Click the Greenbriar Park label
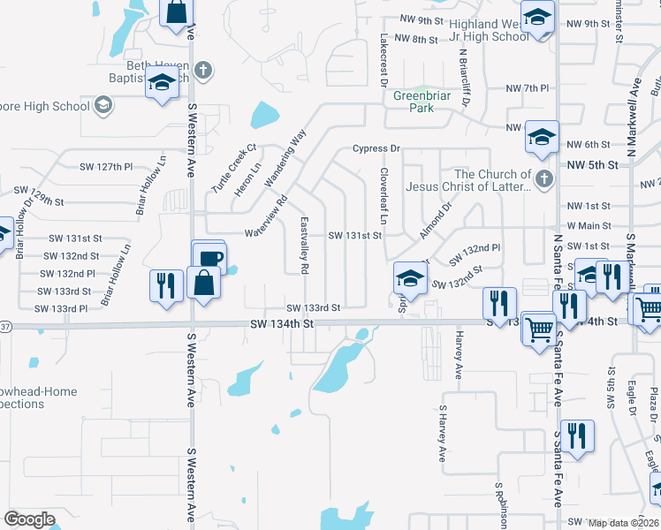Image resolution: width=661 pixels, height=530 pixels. tap(414, 102)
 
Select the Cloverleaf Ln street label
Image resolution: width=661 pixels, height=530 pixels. tap(384, 195)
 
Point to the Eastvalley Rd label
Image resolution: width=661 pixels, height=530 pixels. tap(304, 244)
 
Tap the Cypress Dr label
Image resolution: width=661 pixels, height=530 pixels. tap(376, 148)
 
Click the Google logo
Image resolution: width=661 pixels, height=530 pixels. tap(28, 519)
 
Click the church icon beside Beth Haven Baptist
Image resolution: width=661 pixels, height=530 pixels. tap(203, 70)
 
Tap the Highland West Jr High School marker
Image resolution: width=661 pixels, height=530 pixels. tap(536, 19)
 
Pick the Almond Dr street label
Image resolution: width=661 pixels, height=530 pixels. tap(435, 219)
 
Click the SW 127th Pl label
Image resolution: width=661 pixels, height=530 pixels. tap(105, 166)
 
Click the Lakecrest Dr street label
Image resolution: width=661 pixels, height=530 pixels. tap(384, 60)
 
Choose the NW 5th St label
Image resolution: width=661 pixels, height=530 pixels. tap(589, 164)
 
